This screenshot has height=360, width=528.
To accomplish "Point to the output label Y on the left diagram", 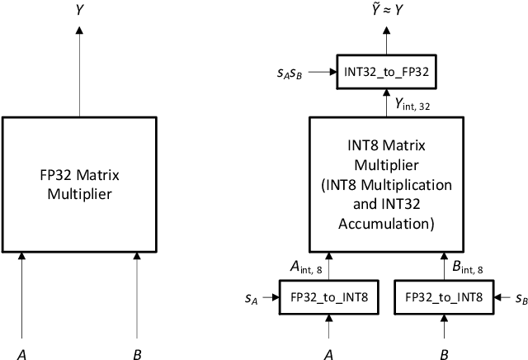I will click(79, 12).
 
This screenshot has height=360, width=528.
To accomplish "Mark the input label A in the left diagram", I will click(22, 354).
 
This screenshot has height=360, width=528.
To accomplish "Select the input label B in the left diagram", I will click(136, 354).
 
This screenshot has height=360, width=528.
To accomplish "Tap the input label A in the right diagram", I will click(330, 354).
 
